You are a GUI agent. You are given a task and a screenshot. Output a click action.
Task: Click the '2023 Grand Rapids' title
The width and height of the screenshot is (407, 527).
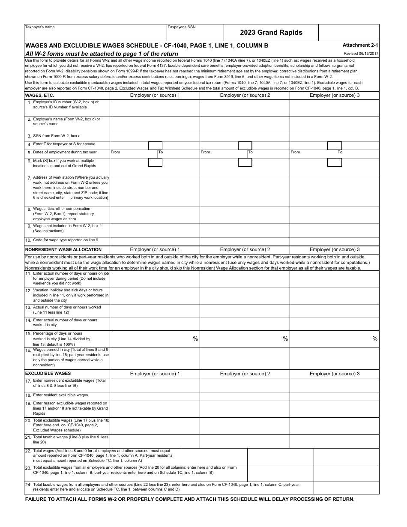(x=271, y=33)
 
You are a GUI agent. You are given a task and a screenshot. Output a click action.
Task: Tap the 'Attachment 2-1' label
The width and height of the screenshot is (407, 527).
(x=360, y=45)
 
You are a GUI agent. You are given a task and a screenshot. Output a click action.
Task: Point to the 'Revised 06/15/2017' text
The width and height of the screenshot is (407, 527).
(x=361, y=54)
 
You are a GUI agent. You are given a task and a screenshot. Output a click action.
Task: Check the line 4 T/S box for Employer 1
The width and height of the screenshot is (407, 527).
(x=155, y=146)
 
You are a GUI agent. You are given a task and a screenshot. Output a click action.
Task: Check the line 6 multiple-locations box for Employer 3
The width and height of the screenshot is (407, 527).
(x=335, y=162)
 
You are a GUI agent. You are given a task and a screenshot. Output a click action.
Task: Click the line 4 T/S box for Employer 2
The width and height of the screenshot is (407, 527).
(x=245, y=146)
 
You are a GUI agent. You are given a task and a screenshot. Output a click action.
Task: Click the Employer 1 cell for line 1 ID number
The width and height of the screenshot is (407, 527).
(x=155, y=108)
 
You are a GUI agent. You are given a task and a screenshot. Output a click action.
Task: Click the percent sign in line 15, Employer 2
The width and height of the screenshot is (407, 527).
(x=285, y=339)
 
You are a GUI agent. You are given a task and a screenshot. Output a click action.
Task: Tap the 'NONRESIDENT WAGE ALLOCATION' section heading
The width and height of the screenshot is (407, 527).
(x=63, y=249)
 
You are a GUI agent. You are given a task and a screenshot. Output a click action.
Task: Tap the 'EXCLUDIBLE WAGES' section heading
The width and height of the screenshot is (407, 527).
(x=48, y=374)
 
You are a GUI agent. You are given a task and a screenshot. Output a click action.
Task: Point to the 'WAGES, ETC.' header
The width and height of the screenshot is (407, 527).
(x=39, y=95)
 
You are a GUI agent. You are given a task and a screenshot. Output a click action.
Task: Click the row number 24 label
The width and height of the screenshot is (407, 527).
(x=28, y=485)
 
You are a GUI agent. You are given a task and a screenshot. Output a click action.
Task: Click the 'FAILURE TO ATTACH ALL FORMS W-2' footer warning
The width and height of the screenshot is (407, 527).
(x=190, y=500)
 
